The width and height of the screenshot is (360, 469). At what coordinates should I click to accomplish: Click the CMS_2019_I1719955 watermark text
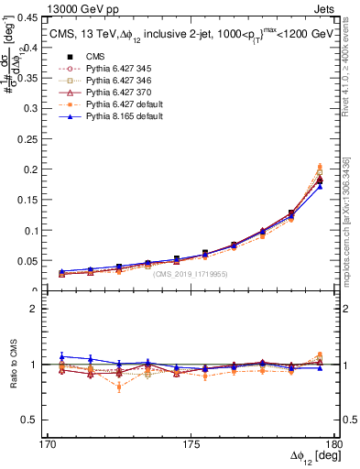[x=189, y=273]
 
